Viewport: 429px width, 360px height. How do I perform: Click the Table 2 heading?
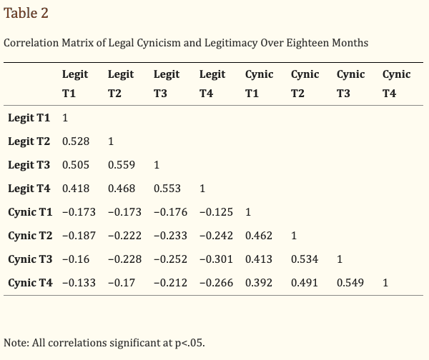pyautogui.click(x=26, y=14)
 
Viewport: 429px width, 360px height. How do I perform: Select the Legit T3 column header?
pyautogui.click(x=167, y=84)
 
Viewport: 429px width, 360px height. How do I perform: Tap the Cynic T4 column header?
pyautogui.click(x=396, y=84)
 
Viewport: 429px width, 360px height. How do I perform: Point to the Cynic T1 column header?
pyautogui.click(x=259, y=84)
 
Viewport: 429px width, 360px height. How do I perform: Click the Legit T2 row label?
pyautogui.click(x=29, y=141)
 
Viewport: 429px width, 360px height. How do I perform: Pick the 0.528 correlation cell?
pyautogui.click(x=75, y=141)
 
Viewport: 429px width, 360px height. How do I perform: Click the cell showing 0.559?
pyautogui.click(x=122, y=165)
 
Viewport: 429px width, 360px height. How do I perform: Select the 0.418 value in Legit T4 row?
pyautogui.click(x=75, y=189)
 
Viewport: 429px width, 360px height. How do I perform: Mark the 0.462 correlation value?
pyautogui.click(x=258, y=236)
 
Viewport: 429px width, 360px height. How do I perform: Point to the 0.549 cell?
pyautogui.click(x=350, y=283)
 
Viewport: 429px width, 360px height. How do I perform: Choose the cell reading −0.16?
pyautogui.click(x=75, y=259)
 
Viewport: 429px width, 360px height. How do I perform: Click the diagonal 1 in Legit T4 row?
pyautogui.click(x=202, y=189)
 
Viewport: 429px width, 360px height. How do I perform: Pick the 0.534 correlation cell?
pyautogui.click(x=304, y=259)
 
